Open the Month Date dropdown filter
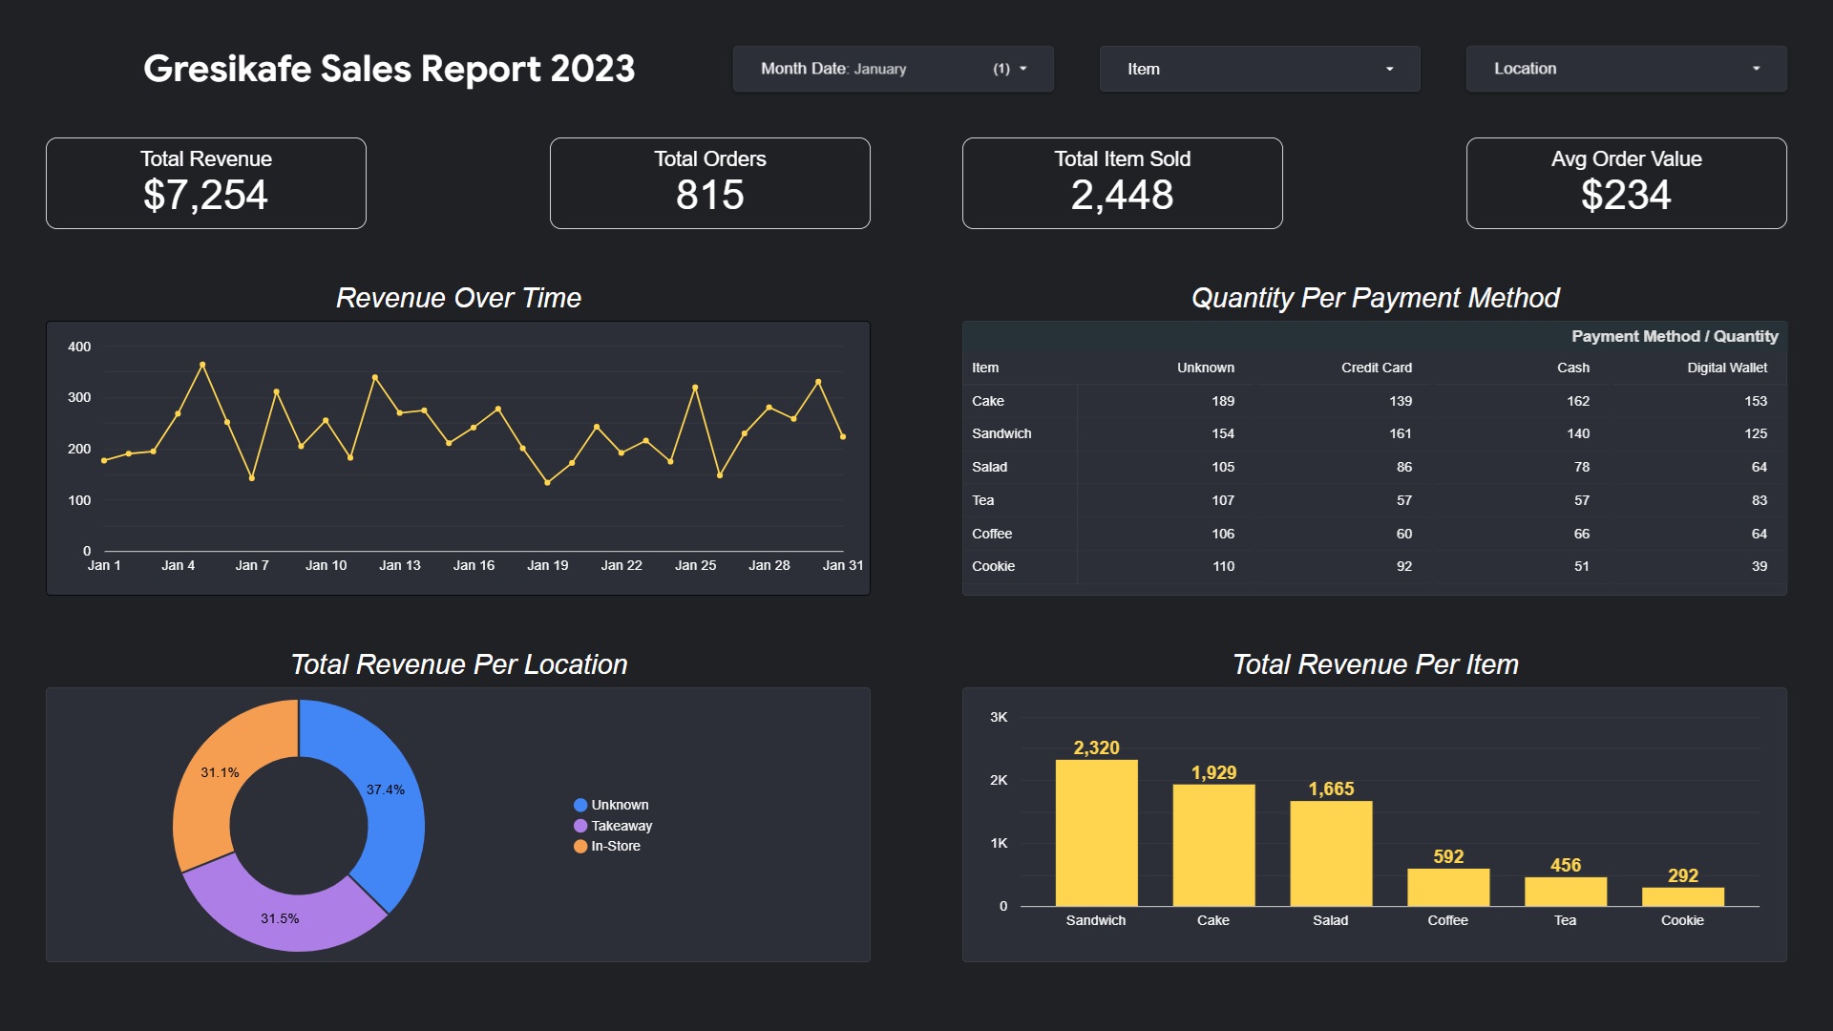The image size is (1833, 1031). coord(893,69)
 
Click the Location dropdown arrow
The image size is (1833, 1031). coord(1756,69)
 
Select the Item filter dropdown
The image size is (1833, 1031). coord(1259,69)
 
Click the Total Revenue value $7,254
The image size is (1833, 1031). coord(205,196)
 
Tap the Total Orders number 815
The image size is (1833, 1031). coord(709,196)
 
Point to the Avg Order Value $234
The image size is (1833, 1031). coord(1625,196)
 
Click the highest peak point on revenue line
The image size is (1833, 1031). coord(202,365)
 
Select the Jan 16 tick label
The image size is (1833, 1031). coord(474,565)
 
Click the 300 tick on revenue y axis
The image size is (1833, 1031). coord(79,397)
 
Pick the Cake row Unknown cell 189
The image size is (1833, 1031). coord(1222,401)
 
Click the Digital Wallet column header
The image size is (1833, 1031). coord(1726,368)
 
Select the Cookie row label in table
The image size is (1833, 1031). coord(993,566)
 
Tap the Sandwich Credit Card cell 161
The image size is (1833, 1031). coord(1400,433)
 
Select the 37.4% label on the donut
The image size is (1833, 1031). coord(386,789)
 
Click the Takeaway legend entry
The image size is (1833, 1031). coord(621,826)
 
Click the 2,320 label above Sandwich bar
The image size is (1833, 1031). coord(1096,747)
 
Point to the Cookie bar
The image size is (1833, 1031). coord(1682,896)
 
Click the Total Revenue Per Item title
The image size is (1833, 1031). coord(1375,664)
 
